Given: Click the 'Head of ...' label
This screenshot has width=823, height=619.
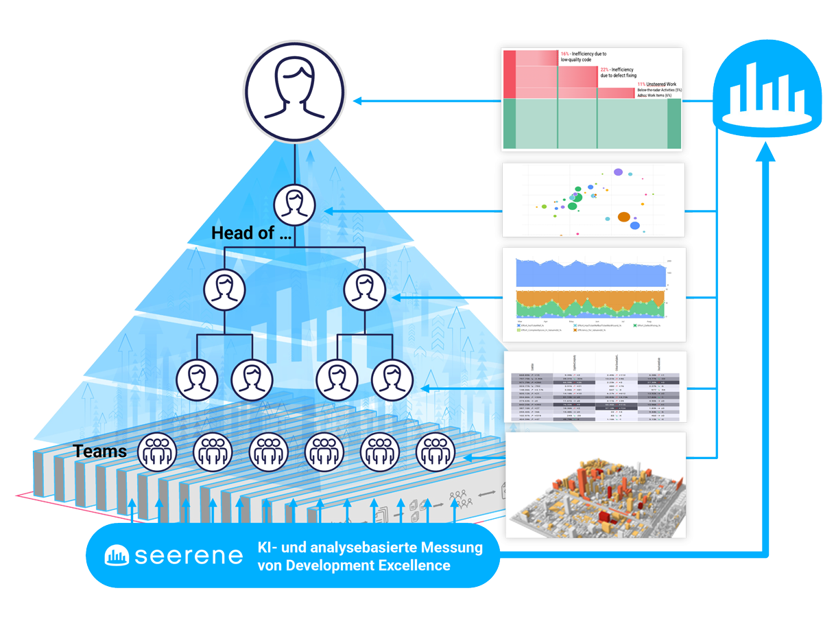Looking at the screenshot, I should [x=251, y=233].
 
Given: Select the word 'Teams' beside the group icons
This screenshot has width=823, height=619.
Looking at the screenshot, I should [x=100, y=451].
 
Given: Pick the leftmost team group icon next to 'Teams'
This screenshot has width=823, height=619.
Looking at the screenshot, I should [x=157, y=452].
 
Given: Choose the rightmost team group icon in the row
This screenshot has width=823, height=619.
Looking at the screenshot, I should [x=435, y=452].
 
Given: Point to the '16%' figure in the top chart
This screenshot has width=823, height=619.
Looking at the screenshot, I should [x=565, y=54].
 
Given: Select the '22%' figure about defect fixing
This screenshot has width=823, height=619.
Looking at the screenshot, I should [x=604, y=70].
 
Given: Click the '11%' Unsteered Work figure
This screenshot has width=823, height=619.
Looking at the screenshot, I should [x=642, y=84].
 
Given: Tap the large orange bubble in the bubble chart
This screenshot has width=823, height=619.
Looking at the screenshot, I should [x=623, y=217].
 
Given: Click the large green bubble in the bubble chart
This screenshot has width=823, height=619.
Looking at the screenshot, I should [x=575, y=198].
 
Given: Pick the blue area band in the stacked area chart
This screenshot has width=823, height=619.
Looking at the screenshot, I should [x=590, y=275].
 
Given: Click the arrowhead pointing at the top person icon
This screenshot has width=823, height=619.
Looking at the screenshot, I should [x=357, y=102].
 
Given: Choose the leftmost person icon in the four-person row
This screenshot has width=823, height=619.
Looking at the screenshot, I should [x=196, y=378].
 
